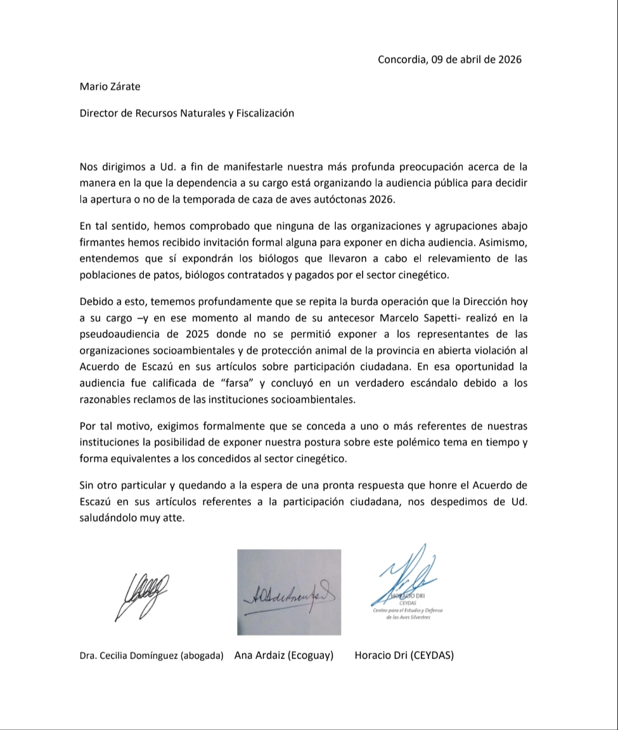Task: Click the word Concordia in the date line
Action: (401, 60)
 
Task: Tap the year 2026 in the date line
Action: (510, 60)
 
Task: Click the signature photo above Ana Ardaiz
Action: (289, 592)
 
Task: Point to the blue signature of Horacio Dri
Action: (406, 579)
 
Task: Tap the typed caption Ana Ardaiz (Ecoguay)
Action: (284, 656)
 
